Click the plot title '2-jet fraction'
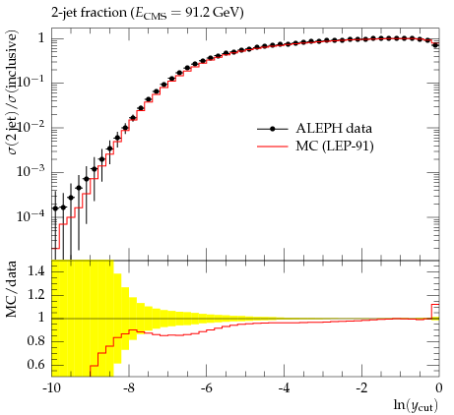pos(89,13)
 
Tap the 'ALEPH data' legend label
pos(334,128)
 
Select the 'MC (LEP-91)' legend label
pos(335,146)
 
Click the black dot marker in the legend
pos(272,129)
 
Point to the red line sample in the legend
pos(272,147)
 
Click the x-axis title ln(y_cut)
pos(416,405)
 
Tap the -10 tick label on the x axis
pos(51,388)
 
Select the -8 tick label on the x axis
pos(129,388)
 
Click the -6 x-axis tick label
pos(206,388)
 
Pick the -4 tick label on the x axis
pos(284,388)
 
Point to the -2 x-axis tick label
pos(361,388)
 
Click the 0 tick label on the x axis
pos(438,388)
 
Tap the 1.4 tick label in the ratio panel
pos(36,271)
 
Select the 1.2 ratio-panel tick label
pos(36,295)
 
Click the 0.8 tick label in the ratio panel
pos(36,341)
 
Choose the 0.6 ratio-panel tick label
pos(36,365)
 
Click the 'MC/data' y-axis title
pos(11,289)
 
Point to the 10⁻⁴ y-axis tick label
pos(31,215)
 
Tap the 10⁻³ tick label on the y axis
pos(31,170)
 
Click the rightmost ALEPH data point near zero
pos(435,45)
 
